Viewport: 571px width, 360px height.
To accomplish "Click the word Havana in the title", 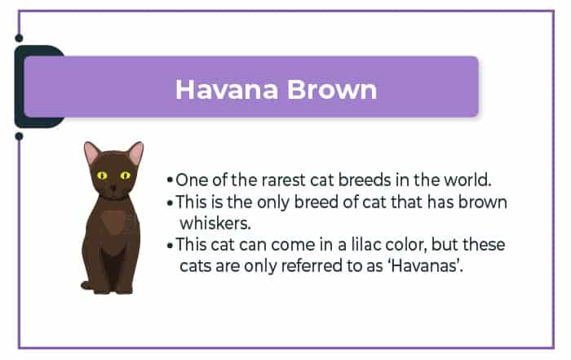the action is click(227, 89).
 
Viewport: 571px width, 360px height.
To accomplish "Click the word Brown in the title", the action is click(332, 89).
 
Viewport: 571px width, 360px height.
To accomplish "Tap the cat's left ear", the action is click(91, 153).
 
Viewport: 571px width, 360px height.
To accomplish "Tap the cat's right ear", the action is click(136, 153).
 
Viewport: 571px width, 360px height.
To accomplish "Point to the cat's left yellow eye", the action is click(102, 176).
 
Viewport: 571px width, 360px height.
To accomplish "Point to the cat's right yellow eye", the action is click(126, 176).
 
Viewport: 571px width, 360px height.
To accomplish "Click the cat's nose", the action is click(113, 188).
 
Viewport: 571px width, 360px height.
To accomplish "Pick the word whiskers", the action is click(215, 224).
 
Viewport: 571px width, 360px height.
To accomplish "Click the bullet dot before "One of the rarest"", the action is click(170, 180).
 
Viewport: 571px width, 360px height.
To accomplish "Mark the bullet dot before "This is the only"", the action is click(170, 202).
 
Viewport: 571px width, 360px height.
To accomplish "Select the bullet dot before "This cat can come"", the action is click(170, 245).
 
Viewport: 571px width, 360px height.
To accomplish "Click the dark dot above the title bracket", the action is click(19, 38).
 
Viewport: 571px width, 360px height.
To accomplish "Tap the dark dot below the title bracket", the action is click(19, 136).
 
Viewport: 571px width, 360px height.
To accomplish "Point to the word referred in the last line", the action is click(312, 265).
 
